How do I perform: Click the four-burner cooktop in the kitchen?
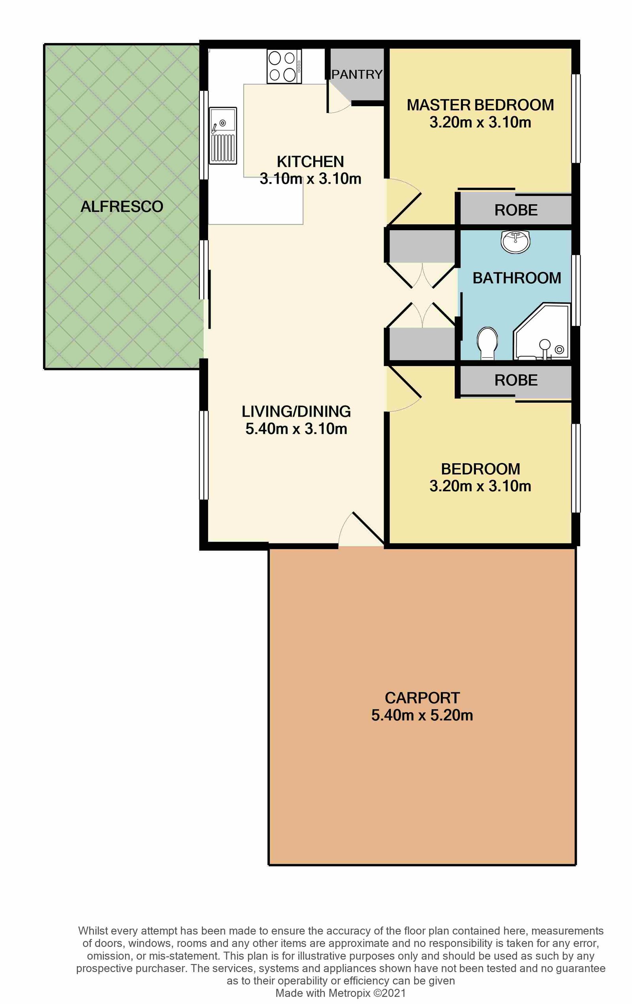(x=284, y=66)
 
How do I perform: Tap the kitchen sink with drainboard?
(x=223, y=135)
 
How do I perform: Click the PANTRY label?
(x=357, y=75)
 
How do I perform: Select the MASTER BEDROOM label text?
(x=480, y=105)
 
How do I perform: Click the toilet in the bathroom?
(x=487, y=343)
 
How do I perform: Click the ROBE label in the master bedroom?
(x=516, y=210)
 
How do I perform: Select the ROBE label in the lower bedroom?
(x=516, y=380)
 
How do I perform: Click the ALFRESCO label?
(x=122, y=207)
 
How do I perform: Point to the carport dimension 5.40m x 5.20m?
(x=422, y=715)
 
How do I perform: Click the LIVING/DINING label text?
(x=296, y=412)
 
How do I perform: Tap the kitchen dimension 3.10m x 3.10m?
(x=310, y=179)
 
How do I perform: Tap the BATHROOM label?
(x=517, y=278)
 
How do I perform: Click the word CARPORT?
(x=422, y=698)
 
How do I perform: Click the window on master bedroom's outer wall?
(x=576, y=118)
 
